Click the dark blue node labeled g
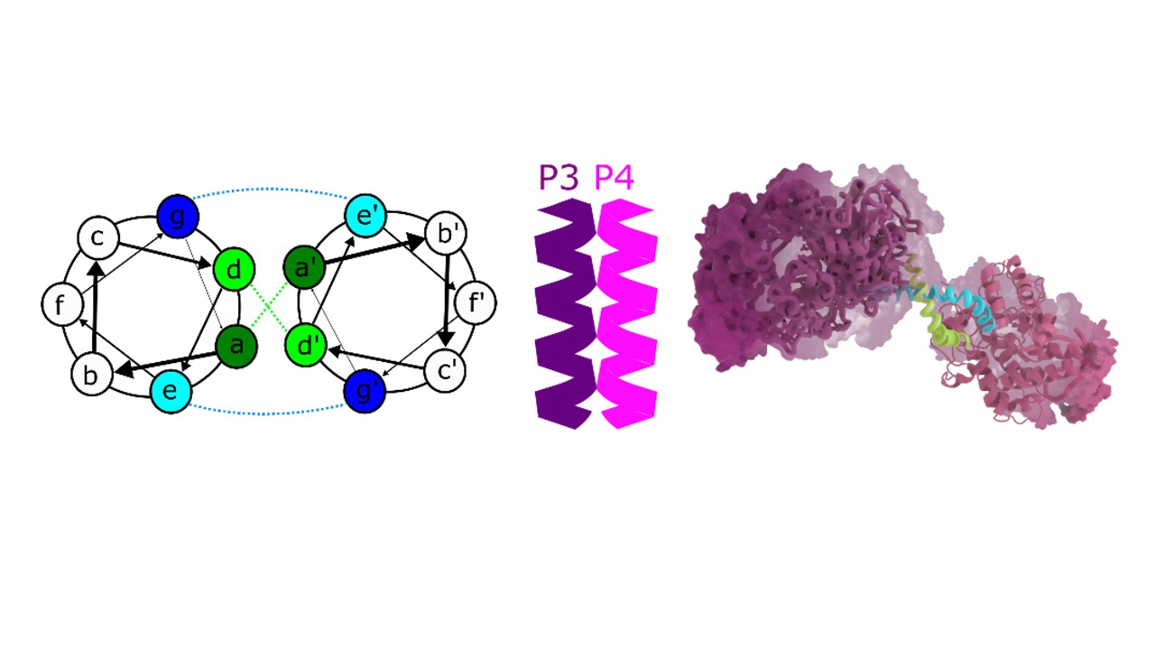point(177,216)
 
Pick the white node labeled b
point(92,376)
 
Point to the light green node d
point(234,269)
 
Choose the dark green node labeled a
point(236,345)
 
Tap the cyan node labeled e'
point(366,216)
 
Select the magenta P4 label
point(614,178)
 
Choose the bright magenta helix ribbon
point(627,316)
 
